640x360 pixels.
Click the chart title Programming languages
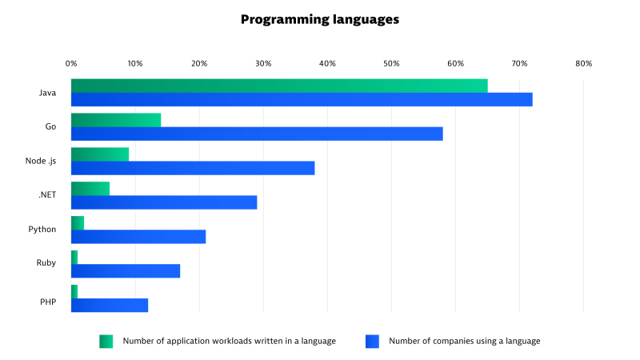point(320,20)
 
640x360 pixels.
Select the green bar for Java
point(279,86)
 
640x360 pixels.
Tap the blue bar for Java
point(302,99)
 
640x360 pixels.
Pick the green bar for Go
point(116,120)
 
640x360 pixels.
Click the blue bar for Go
point(257,134)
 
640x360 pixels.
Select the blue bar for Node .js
point(193,168)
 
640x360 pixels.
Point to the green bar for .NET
point(90,189)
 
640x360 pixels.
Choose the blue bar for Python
point(138,236)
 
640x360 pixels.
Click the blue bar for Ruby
point(126,270)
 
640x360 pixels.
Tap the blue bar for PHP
point(110,305)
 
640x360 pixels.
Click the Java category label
point(47,93)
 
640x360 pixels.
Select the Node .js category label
point(41,161)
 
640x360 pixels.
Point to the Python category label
point(42,229)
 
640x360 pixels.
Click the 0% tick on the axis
point(71,63)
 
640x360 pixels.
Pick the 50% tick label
point(391,63)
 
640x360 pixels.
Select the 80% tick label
point(583,63)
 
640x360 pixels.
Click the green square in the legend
point(106,341)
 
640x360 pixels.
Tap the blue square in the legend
point(372,341)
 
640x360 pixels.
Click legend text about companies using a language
point(464,341)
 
